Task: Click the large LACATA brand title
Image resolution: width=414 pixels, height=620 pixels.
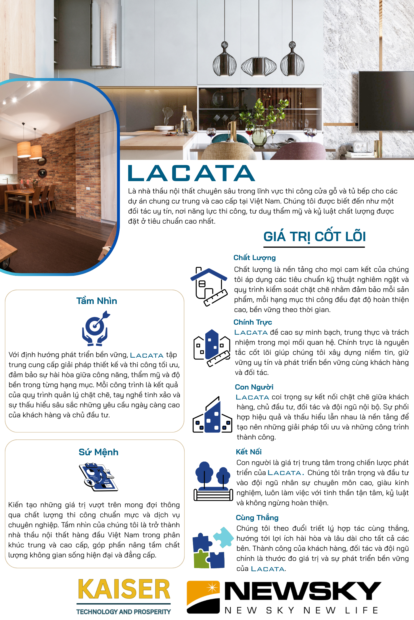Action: click(x=191, y=173)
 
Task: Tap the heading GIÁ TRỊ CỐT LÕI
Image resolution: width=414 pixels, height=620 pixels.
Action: click(x=315, y=237)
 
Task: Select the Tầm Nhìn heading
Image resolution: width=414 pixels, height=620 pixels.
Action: click(x=97, y=301)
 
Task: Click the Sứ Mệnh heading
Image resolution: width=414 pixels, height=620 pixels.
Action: click(x=98, y=452)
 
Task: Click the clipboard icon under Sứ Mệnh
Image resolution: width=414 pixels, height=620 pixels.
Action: click(x=98, y=476)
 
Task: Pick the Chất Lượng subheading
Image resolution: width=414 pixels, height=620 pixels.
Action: click(x=254, y=257)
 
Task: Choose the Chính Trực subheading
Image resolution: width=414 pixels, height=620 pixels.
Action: click(x=252, y=322)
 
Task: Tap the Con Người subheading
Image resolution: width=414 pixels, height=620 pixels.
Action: click(x=254, y=387)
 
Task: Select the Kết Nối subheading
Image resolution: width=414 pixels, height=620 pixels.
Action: click(x=249, y=452)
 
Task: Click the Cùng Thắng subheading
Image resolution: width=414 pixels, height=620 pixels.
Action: click(x=257, y=518)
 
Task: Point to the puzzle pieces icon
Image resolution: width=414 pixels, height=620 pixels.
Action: click(x=212, y=549)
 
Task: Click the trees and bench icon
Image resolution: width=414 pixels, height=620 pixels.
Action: click(x=213, y=481)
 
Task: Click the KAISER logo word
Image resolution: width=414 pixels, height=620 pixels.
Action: click(x=124, y=590)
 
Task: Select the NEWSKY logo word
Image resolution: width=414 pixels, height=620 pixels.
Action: click(x=302, y=591)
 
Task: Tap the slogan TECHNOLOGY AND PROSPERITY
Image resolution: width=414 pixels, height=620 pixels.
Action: click(x=124, y=612)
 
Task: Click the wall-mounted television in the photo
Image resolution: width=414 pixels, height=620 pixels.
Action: click(x=386, y=100)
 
